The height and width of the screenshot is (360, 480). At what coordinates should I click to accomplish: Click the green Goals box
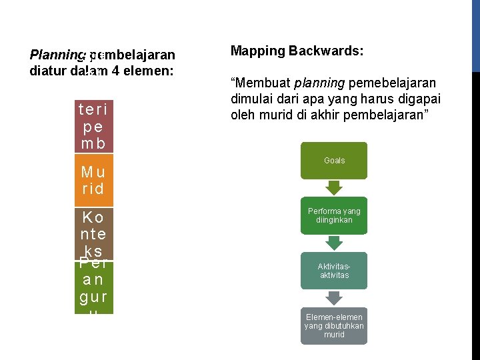click(x=334, y=161)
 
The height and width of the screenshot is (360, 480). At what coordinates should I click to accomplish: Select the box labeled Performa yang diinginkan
click(x=334, y=215)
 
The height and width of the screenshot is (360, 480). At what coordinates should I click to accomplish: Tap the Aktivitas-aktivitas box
click(x=334, y=271)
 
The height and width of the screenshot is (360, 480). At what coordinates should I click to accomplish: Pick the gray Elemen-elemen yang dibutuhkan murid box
click(x=334, y=325)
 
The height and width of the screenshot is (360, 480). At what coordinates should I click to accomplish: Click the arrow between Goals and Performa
click(x=334, y=188)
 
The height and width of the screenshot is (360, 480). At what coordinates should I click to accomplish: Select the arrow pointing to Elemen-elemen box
click(x=334, y=298)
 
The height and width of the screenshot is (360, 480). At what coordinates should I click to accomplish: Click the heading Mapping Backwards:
click(x=297, y=51)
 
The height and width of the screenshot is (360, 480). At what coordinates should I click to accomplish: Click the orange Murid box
click(x=94, y=179)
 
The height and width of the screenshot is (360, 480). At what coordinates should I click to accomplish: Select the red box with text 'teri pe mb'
click(x=94, y=126)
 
